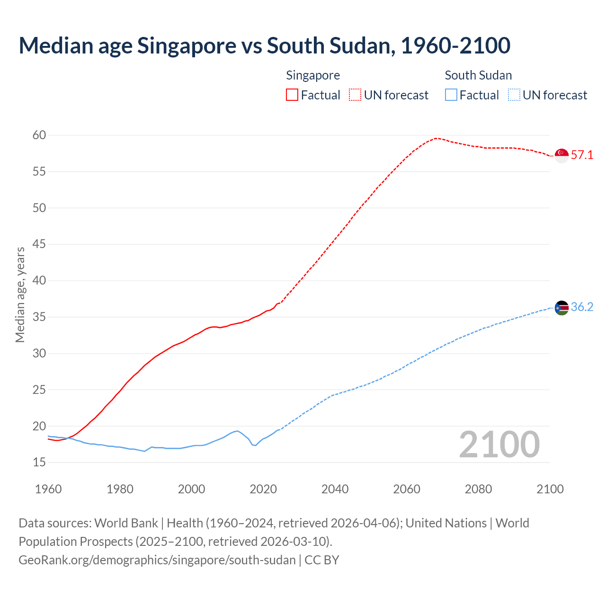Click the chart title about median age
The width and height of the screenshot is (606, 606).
[x=264, y=45]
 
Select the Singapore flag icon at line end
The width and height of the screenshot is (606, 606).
[x=561, y=155]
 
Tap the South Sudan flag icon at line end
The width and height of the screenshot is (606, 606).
[x=561, y=308]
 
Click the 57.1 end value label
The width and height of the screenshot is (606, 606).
[x=582, y=155]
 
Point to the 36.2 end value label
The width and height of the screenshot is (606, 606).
[x=582, y=307]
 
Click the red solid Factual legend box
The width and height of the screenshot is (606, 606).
[x=292, y=95]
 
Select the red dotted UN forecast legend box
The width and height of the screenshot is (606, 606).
[x=355, y=95]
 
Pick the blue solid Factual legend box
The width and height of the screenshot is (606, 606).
[x=451, y=95]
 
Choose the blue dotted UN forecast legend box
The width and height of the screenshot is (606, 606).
[x=514, y=95]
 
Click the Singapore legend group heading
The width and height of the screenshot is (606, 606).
[x=313, y=75]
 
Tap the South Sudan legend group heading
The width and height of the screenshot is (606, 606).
[x=478, y=75]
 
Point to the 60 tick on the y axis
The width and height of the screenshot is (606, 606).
[x=39, y=135]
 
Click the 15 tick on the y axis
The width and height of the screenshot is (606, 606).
[x=39, y=463]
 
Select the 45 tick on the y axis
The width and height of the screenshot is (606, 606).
[x=39, y=244]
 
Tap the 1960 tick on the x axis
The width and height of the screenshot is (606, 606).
[x=48, y=489]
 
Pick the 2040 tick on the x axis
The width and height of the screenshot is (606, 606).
[x=335, y=489]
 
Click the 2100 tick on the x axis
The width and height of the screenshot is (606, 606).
[x=550, y=489]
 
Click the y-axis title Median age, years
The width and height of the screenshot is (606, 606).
[x=20, y=294]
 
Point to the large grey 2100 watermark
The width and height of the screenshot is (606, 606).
[x=499, y=445]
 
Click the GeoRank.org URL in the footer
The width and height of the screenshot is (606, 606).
[x=157, y=560]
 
